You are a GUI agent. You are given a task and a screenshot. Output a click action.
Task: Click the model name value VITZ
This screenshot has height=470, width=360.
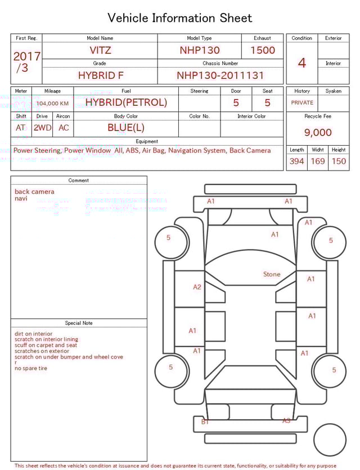click(100, 50)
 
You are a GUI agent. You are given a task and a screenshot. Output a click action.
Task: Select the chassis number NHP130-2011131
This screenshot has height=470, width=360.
click(220, 75)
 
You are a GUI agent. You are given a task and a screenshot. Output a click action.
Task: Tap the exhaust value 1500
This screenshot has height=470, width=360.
click(263, 50)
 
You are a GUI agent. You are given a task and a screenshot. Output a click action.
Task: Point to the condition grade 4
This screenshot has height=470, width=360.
click(302, 63)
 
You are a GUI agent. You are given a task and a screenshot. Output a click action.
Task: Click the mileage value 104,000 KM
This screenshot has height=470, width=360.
click(52, 104)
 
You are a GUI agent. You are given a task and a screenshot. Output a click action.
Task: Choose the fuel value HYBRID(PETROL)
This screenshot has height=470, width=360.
click(126, 102)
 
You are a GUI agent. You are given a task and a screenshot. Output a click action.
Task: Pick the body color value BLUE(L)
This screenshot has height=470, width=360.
click(126, 128)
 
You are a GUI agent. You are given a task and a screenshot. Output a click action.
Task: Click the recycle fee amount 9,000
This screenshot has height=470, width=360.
click(318, 132)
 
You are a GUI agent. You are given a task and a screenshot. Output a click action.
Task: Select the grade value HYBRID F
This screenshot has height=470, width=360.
click(100, 75)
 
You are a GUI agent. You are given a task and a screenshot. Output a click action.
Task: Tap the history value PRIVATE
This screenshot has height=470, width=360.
click(302, 102)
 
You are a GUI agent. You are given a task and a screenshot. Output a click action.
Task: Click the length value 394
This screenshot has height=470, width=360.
click(296, 161)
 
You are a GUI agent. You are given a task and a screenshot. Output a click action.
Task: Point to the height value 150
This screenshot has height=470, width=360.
click(339, 161)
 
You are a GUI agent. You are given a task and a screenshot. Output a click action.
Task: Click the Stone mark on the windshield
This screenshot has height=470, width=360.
click(272, 274)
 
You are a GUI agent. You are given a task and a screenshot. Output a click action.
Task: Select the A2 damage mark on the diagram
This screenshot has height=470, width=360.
click(197, 287)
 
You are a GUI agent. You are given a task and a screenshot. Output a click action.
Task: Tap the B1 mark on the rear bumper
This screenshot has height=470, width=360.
click(205, 421)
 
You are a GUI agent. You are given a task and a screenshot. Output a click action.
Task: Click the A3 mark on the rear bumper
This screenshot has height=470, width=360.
click(286, 420)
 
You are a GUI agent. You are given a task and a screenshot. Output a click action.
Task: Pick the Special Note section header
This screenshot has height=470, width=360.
click(79, 323)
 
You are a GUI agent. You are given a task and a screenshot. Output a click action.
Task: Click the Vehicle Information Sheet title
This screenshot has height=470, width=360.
click(180, 18)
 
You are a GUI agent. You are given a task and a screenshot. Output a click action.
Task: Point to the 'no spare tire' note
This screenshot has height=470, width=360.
click(31, 368)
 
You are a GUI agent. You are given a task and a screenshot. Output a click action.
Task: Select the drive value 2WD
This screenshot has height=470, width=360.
click(42, 128)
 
